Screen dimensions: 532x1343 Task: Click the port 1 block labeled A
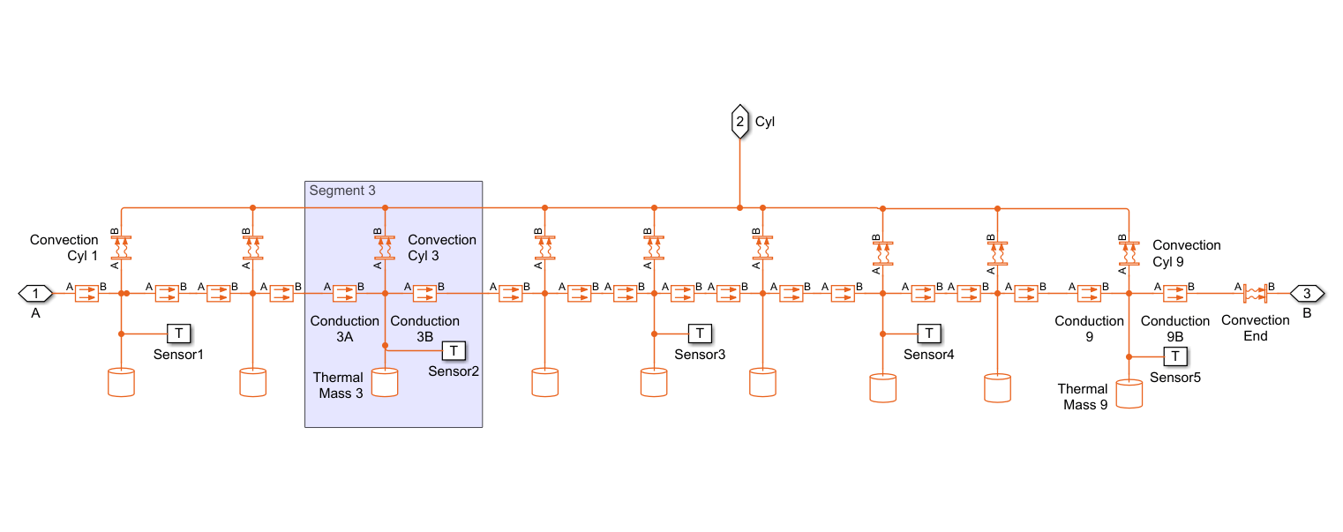point(35,293)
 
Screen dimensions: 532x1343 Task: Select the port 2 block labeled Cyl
point(739,122)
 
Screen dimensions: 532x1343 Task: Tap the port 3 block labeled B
point(1307,293)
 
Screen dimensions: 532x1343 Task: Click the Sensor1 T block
point(179,333)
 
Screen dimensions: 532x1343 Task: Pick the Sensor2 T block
point(454,351)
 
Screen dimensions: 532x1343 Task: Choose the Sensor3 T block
point(700,333)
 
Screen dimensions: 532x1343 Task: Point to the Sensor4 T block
point(929,333)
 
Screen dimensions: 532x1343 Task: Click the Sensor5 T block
point(1175,356)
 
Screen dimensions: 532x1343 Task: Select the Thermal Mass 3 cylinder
point(385,382)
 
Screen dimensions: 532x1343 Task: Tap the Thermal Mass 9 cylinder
point(1129,393)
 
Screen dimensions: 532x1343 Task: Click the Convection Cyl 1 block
point(121,247)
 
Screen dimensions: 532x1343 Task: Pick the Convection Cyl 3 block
point(385,247)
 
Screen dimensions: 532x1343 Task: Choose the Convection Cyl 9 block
point(1129,252)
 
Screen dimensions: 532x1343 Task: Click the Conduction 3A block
point(344,293)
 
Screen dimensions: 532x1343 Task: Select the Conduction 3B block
point(425,293)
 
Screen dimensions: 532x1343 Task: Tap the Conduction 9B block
point(1174,293)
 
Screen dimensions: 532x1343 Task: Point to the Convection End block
point(1255,293)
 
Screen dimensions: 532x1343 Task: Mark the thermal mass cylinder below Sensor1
point(121,382)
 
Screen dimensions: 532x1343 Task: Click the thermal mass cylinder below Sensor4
point(882,388)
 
